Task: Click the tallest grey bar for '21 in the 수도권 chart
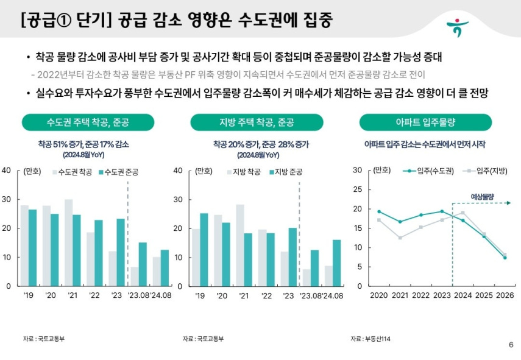point(68,242)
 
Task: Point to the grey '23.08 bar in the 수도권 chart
point(135,276)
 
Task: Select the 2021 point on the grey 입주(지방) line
point(400,238)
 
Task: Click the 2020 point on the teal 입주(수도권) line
point(379,211)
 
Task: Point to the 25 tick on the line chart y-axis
point(358,189)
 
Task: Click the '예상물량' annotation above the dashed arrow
point(482,196)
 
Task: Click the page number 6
point(511,345)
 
